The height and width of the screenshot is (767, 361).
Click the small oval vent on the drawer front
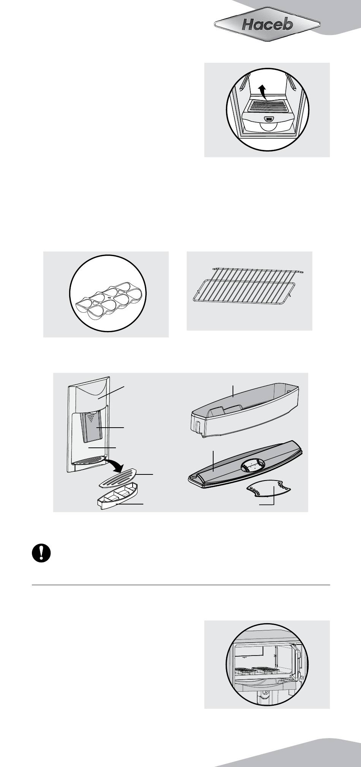tap(269, 119)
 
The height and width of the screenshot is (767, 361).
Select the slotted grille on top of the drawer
tap(266, 105)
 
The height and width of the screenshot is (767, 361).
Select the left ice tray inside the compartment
tap(244, 670)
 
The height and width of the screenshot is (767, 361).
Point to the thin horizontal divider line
tap(180, 585)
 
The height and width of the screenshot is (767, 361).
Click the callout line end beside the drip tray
tap(143, 504)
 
